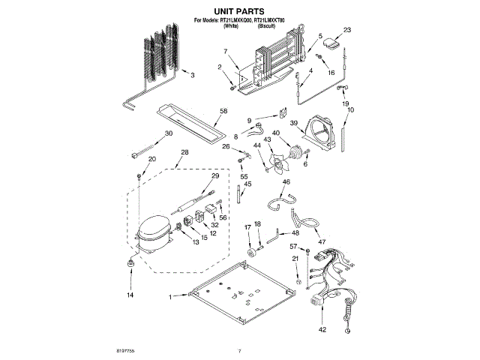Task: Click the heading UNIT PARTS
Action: [x=240, y=13]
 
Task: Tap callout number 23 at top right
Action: [x=347, y=31]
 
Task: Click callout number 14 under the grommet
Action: [x=129, y=296]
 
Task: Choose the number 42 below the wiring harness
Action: [x=322, y=329]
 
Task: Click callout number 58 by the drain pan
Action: [x=223, y=110]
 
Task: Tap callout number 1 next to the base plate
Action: [x=170, y=297]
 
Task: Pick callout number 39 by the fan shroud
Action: [x=295, y=123]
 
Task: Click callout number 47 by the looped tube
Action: [x=322, y=242]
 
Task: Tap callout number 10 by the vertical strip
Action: [x=350, y=110]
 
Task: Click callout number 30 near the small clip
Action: [x=168, y=133]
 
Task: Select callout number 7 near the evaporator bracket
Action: [x=224, y=51]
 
